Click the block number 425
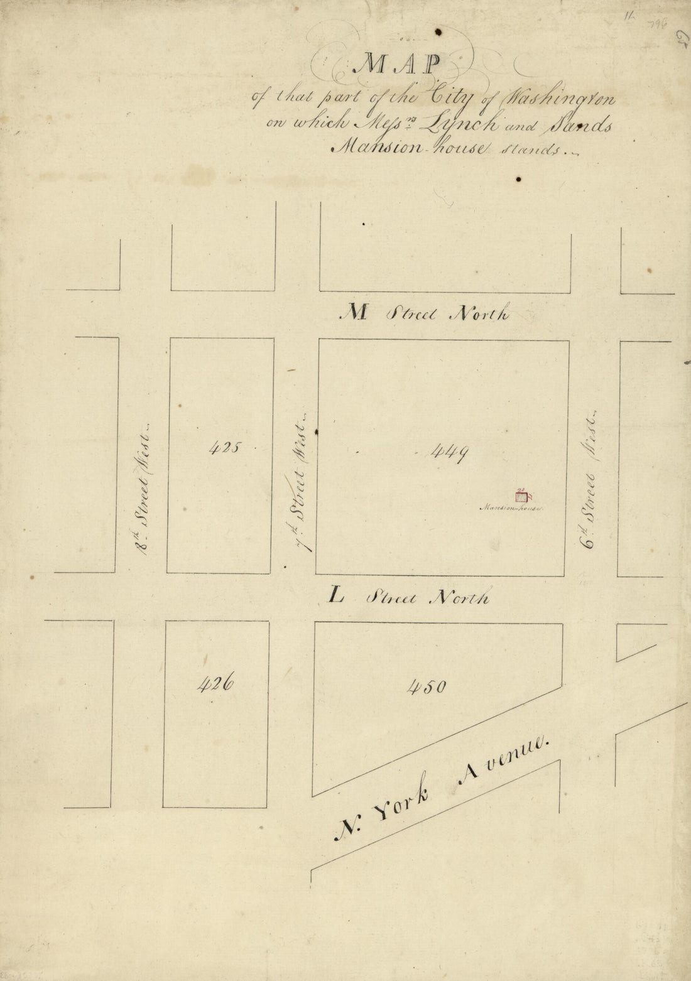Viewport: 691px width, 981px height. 224,448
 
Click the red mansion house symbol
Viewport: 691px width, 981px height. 520,497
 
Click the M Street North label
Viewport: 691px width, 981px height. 425,313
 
